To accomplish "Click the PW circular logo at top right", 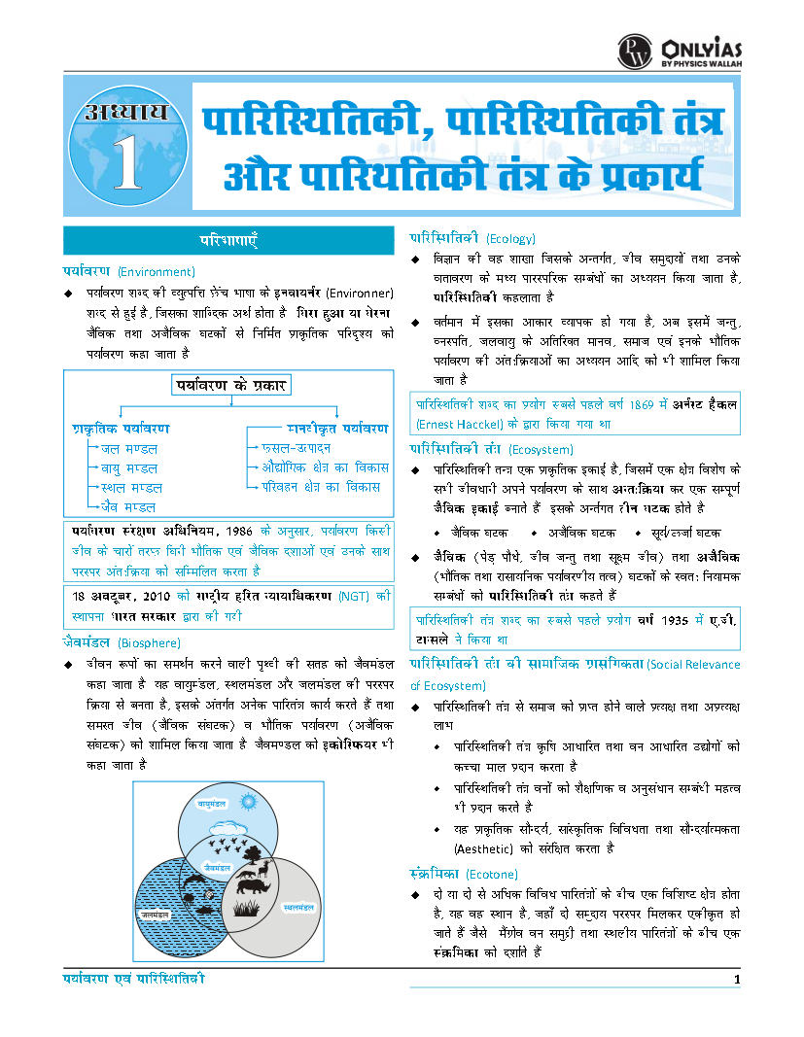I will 635,52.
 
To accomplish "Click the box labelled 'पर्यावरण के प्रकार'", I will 231,385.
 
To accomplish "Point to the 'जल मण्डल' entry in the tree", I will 129,448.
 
